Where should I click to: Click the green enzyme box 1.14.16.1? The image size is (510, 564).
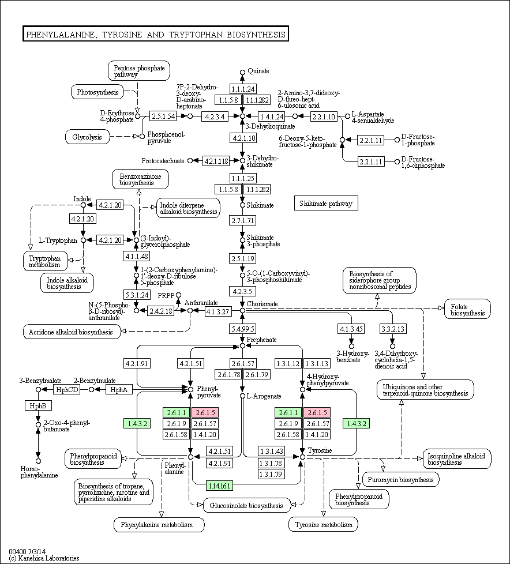(x=219, y=486)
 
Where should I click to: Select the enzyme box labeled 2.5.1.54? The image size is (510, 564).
(x=163, y=116)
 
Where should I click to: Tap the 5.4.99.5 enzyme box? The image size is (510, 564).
(x=242, y=329)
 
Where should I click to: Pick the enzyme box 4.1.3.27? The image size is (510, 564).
(x=217, y=311)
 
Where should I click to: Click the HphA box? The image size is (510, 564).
(x=119, y=389)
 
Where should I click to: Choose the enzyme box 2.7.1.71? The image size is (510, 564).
(x=242, y=220)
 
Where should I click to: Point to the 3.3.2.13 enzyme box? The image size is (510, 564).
(x=393, y=329)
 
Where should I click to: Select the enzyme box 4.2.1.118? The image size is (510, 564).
(x=216, y=161)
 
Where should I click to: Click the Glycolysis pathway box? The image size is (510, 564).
(x=87, y=137)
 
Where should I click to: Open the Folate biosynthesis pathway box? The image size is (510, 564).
(x=467, y=309)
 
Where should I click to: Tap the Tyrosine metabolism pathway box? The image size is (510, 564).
(x=323, y=525)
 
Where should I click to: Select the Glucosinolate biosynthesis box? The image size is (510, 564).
(x=246, y=505)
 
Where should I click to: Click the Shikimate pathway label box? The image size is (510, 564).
(x=326, y=203)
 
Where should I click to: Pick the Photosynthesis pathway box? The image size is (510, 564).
(x=97, y=92)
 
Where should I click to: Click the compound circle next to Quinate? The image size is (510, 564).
(x=242, y=72)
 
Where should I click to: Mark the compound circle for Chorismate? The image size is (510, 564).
(x=242, y=310)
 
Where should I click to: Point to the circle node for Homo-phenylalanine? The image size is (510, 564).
(x=38, y=461)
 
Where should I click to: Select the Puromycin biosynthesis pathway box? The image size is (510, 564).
(x=400, y=479)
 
